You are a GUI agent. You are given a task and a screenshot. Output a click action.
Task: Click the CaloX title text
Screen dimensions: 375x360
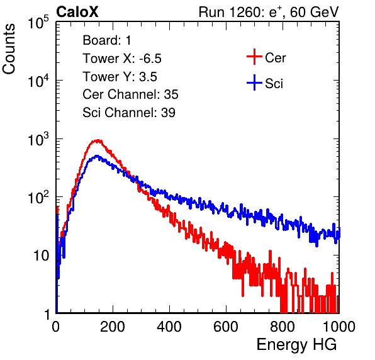pos(77,12)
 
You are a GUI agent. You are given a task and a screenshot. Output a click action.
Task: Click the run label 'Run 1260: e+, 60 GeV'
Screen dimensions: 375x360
pos(269,12)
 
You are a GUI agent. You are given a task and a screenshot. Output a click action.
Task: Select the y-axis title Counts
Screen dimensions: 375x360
pos(9,49)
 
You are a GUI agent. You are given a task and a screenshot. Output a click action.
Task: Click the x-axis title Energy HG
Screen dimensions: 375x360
pos(296,344)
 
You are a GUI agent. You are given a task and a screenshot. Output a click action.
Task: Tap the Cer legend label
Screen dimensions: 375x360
pos(275,58)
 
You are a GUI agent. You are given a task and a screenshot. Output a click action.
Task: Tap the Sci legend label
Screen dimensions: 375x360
pos(274,84)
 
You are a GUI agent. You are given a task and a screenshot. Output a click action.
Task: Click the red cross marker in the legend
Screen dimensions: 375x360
pos(254,57)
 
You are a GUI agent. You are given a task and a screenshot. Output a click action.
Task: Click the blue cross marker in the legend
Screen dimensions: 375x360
pos(254,82)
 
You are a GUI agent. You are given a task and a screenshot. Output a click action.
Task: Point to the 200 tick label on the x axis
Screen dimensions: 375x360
pos(113,327)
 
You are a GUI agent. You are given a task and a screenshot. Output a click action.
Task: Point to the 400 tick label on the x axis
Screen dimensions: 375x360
pos(169,327)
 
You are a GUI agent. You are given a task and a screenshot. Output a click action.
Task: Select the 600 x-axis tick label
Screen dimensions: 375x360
pos(226,327)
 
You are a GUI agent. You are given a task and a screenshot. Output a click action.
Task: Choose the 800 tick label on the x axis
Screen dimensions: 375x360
pos(283,327)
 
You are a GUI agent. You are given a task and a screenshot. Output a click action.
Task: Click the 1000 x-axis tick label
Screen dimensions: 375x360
pos(339,327)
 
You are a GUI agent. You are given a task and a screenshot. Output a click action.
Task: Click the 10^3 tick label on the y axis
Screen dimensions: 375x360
pos(38,139)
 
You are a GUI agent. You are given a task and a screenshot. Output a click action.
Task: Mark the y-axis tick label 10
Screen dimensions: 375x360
pos(42,256)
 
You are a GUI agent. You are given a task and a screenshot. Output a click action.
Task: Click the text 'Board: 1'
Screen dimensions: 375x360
pos(107,40)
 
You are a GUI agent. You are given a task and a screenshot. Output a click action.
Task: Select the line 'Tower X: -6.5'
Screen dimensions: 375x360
pos(122,59)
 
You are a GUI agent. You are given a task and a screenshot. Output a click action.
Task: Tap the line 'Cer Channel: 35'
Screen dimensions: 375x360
pos(130,94)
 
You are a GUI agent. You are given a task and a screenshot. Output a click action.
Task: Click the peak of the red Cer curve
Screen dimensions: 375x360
pos(98,140)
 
